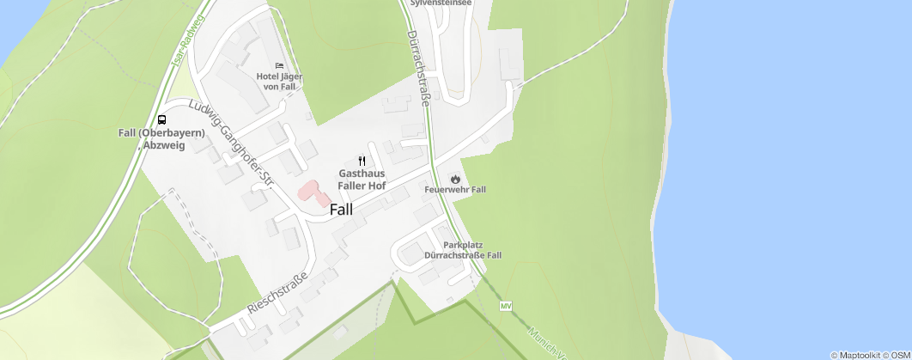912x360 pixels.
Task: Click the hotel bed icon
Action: pyautogui.click(x=278, y=65)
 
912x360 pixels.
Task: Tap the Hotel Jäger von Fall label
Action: pyautogui.click(x=280, y=82)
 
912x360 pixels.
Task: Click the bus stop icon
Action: pyautogui.click(x=161, y=119)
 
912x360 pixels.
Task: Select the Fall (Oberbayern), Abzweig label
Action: pyautogui.click(x=161, y=138)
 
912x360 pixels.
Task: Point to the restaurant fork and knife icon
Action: pyautogui.click(x=362, y=161)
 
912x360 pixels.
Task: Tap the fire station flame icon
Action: pyautogui.click(x=455, y=177)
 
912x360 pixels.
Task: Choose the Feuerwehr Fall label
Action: pyautogui.click(x=455, y=189)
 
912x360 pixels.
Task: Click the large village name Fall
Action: pyautogui.click(x=341, y=209)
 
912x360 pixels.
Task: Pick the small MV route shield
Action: pyautogui.click(x=506, y=306)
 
